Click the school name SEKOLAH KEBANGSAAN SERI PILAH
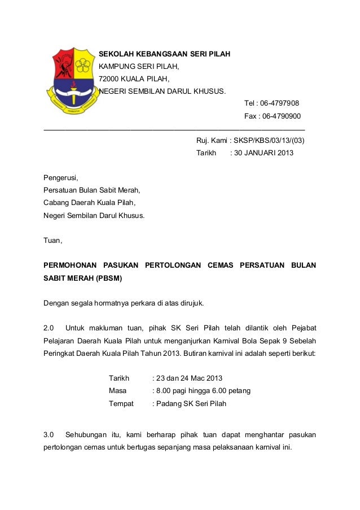tap(165, 55)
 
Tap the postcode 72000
tap(109, 79)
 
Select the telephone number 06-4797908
tap(279, 103)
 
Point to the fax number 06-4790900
tap(280, 116)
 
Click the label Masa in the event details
tap(117, 391)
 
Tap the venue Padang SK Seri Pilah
tap(191, 404)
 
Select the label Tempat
tap(121, 404)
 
